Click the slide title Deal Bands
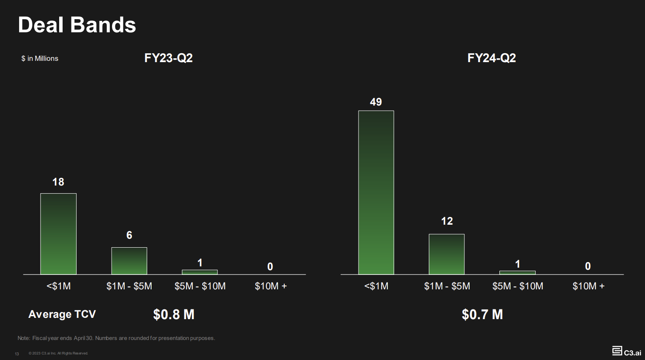click(77, 25)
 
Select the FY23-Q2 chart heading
click(169, 58)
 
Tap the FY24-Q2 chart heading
click(492, 58)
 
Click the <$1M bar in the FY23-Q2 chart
click(58, 234)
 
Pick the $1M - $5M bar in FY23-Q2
click(129, 260)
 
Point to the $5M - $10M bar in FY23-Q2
click(200, 272)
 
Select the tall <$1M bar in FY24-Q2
click(376, 192)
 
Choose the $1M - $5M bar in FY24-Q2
click(447, 254)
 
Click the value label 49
click(376, 102)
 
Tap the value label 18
click(58, 182)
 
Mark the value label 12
click(447, 221)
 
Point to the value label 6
click(129, 235)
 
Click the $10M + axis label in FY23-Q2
click(271, 286)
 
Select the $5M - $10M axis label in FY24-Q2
click(518, 286)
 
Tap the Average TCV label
click(62, 314)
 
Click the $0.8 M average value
click(174, 314)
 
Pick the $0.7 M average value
click(482, 314)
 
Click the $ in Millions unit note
click(40, 59)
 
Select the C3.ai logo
click(626, 351)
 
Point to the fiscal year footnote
click(116, 338)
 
